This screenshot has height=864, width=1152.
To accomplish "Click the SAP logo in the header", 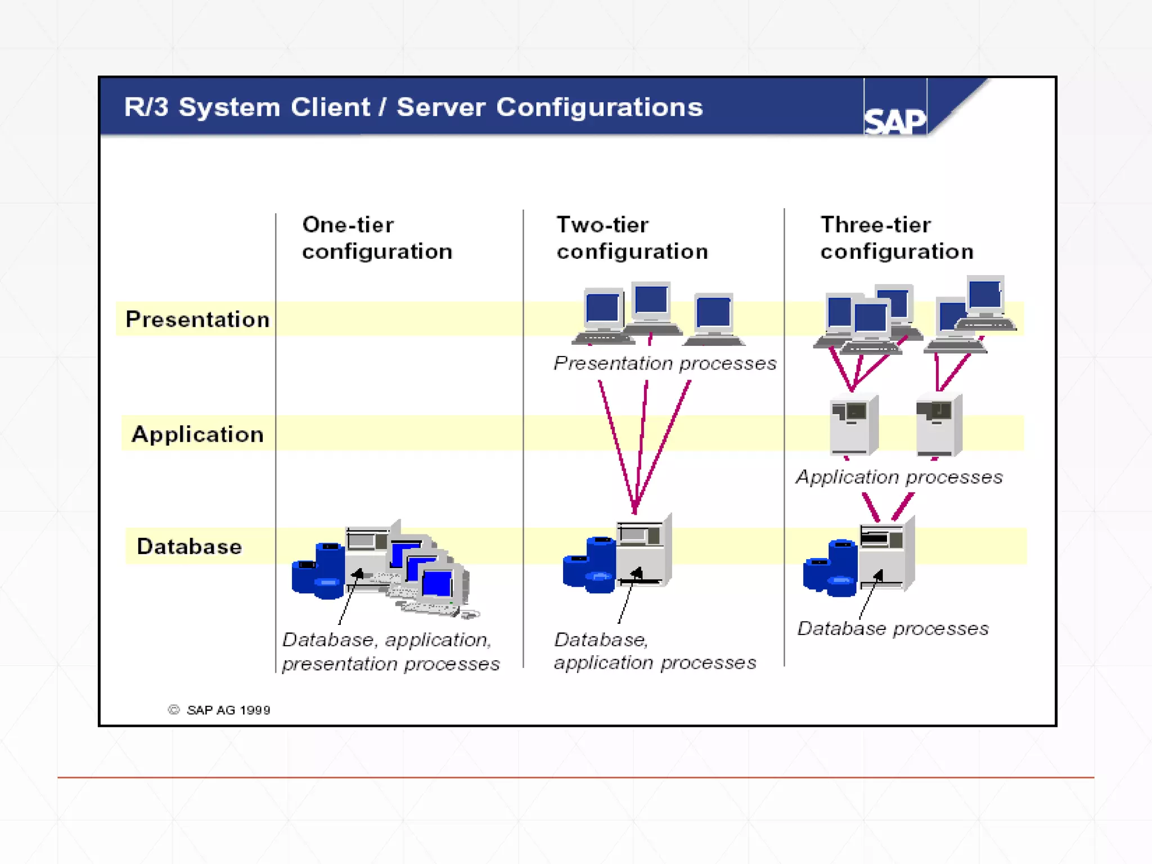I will tap(894, 120).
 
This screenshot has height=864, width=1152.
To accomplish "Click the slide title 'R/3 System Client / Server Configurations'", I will tap(413, 107).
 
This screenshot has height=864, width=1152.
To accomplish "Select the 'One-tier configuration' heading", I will tap(377, 238).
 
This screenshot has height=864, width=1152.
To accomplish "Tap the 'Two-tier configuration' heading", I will tap(632, 238).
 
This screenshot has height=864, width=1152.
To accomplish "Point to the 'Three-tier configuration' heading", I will tap(896, 238).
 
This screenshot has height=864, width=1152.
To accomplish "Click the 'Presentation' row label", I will tap(197, 319).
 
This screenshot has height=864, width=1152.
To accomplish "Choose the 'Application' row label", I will tap(197, 434).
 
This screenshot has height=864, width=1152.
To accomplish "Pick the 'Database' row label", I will tap(190, 547).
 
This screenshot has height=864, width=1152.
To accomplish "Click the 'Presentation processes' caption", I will tap(665, 363).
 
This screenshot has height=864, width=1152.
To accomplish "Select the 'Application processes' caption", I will tap(899, 477).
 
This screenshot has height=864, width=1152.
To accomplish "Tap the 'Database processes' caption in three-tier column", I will tap(893, 628).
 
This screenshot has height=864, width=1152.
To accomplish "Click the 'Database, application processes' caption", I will tap(655, 651).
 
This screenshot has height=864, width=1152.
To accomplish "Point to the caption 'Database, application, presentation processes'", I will tap(390, 652).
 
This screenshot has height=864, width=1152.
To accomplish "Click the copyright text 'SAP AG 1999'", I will tap(227, 710).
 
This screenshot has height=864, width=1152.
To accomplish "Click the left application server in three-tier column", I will tap(853, 425).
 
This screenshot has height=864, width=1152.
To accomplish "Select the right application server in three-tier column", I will tap(938, 425).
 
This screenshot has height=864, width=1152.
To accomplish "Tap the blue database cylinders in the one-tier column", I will tap(318, 571).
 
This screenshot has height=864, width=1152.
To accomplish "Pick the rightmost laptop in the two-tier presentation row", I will tap(714, 319).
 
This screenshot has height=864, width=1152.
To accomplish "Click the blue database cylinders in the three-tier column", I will tap(830, 568).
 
